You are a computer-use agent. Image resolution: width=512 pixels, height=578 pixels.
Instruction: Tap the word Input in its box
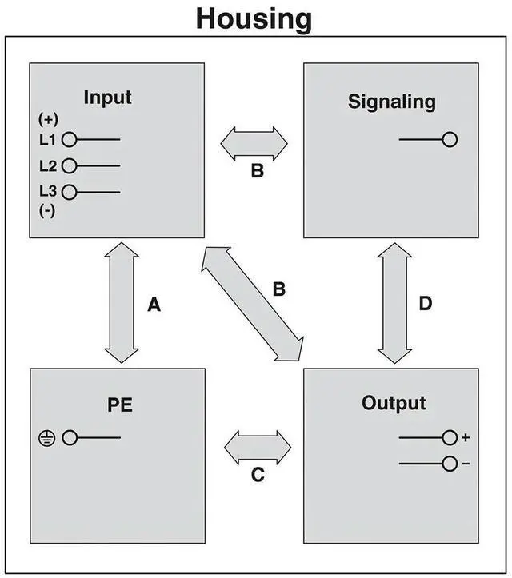(107, 98)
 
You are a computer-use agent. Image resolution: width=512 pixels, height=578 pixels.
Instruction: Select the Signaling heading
(392, 102)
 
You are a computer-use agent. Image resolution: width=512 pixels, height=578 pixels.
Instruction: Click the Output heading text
(394, 402)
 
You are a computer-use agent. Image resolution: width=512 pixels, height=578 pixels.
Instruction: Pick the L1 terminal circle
(70, 140)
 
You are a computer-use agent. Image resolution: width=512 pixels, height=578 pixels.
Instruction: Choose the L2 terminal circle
(70, 166)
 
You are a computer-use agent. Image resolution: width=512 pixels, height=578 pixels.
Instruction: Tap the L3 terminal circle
(70, 192)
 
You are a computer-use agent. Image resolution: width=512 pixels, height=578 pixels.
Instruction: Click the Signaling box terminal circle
(450, 140)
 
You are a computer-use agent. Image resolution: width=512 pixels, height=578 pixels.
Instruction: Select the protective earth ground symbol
(47, 437)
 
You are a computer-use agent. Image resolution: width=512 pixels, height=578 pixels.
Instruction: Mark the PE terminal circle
(70, 437)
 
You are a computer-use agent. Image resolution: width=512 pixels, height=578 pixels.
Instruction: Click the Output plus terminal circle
(450, 437)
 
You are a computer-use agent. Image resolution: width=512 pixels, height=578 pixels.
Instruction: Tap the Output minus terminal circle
(450, 463)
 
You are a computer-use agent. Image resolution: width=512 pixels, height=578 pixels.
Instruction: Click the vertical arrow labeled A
(122, 304)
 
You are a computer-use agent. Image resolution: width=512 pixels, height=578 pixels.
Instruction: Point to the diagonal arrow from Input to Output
(253, 305)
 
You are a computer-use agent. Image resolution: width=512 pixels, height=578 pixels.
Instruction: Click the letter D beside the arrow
(426, 304)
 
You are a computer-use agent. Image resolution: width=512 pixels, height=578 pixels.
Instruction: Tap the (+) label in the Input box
(48, 119)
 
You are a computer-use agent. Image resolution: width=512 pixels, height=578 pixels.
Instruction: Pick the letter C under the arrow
(258, 475)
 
